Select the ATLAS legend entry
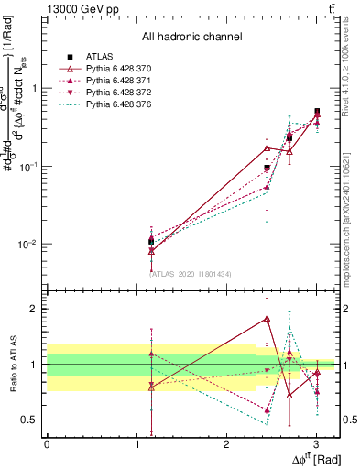pyautogui.click(x=100, y=56)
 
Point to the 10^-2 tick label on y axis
pyautogui.click(x=28, y=245)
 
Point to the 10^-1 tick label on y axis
pyautogui.click(x=28, y=167)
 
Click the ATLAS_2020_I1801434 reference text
pyautogui.click(x=191, y=274)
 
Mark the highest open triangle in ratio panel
pyautogui.click(x=267, y=319)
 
